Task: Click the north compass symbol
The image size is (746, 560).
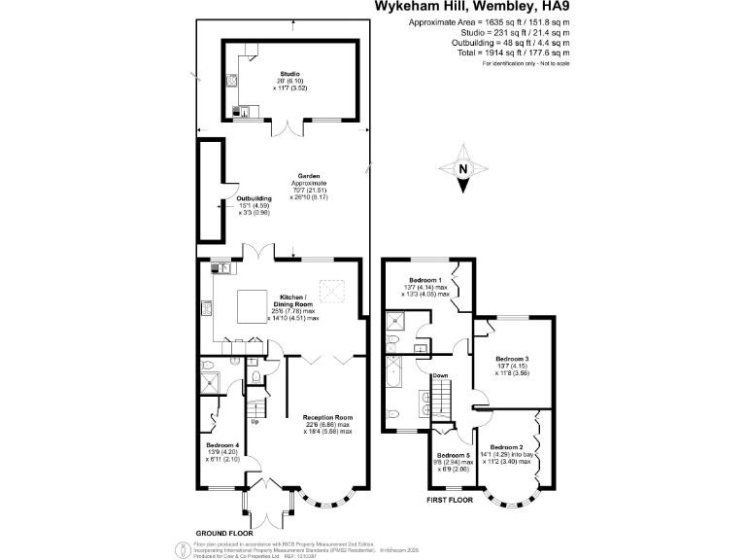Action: coord(463,169)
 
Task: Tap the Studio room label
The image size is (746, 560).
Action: coord(289,73)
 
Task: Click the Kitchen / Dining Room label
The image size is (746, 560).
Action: coord(292,296)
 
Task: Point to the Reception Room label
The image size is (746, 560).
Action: coord(326,415)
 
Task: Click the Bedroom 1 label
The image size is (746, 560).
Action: coord(424,280)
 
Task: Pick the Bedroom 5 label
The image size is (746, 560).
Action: coord(453,455)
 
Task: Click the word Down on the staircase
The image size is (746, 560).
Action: coord(440,374)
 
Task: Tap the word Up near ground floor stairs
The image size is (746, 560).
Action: coord(255,421)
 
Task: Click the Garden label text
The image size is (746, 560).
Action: coord(309,177)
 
